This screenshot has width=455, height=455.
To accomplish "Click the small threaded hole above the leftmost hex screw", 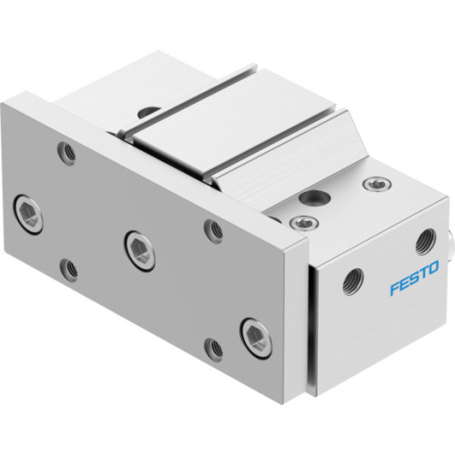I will pos(66,154).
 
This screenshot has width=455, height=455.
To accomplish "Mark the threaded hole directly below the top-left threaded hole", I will pos(66,268).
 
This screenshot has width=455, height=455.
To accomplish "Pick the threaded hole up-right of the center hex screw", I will pos(213,229).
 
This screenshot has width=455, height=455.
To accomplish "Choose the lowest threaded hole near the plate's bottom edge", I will pos(213,347).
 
